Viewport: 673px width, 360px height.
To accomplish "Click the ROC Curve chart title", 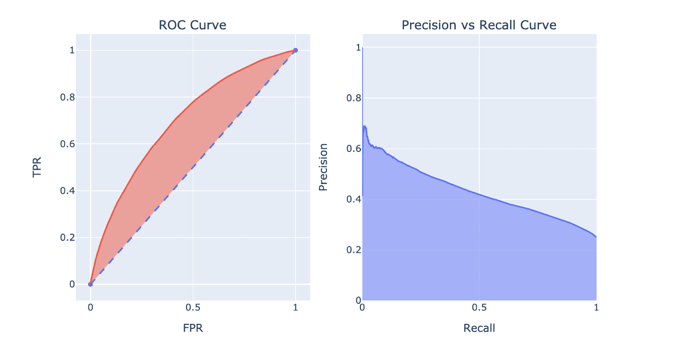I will pos(192,25).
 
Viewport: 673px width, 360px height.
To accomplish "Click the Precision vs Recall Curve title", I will pos(479,25).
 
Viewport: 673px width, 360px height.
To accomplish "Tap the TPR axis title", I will pos(37,167).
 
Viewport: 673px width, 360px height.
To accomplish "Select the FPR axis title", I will pos(192,328).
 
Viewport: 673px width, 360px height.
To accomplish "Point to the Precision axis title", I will pos(324,167).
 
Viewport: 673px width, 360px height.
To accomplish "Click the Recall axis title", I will pos(479,328).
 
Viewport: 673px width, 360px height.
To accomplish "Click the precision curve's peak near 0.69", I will pos(365,126).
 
